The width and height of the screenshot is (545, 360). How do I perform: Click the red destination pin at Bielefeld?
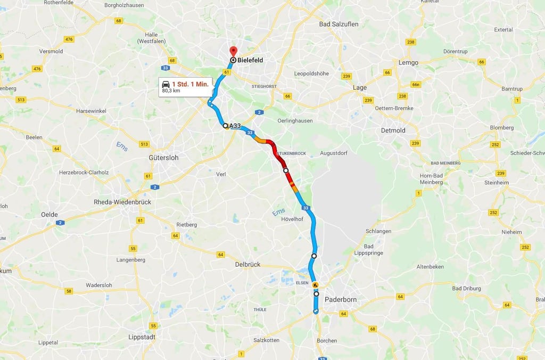[x=233, y=51]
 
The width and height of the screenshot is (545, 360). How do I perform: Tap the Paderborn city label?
[x=340, y=300]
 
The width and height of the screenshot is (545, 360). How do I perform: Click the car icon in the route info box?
[x=166, y=84]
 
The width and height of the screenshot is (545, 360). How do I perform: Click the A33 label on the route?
[x=235, y=126]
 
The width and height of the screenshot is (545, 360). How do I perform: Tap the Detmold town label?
[x=393, y=130]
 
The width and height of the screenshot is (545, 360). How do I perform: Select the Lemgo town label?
[x=408, y=62]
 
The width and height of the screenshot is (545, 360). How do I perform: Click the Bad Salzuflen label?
[x=338, y=24]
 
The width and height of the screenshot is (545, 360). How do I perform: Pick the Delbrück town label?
[x=247, y=264]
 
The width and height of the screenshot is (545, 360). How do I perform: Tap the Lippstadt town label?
[x=142, y=337]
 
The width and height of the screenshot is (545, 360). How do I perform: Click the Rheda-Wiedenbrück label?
[x=122, y=202]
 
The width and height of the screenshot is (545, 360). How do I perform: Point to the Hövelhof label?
[x=292, y=219]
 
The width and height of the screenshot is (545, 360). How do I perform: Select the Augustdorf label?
[x=334, y=153]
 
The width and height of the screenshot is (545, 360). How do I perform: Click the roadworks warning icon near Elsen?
[x=315, y=285]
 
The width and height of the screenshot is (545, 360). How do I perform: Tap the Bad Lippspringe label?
[x=368, y=250]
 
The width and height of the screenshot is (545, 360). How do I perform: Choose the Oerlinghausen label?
[x=295, y=120]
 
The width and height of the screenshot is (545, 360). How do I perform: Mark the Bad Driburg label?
[x=466, y=289]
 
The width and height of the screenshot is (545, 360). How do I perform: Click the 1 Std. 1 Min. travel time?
[x=190, y=84]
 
